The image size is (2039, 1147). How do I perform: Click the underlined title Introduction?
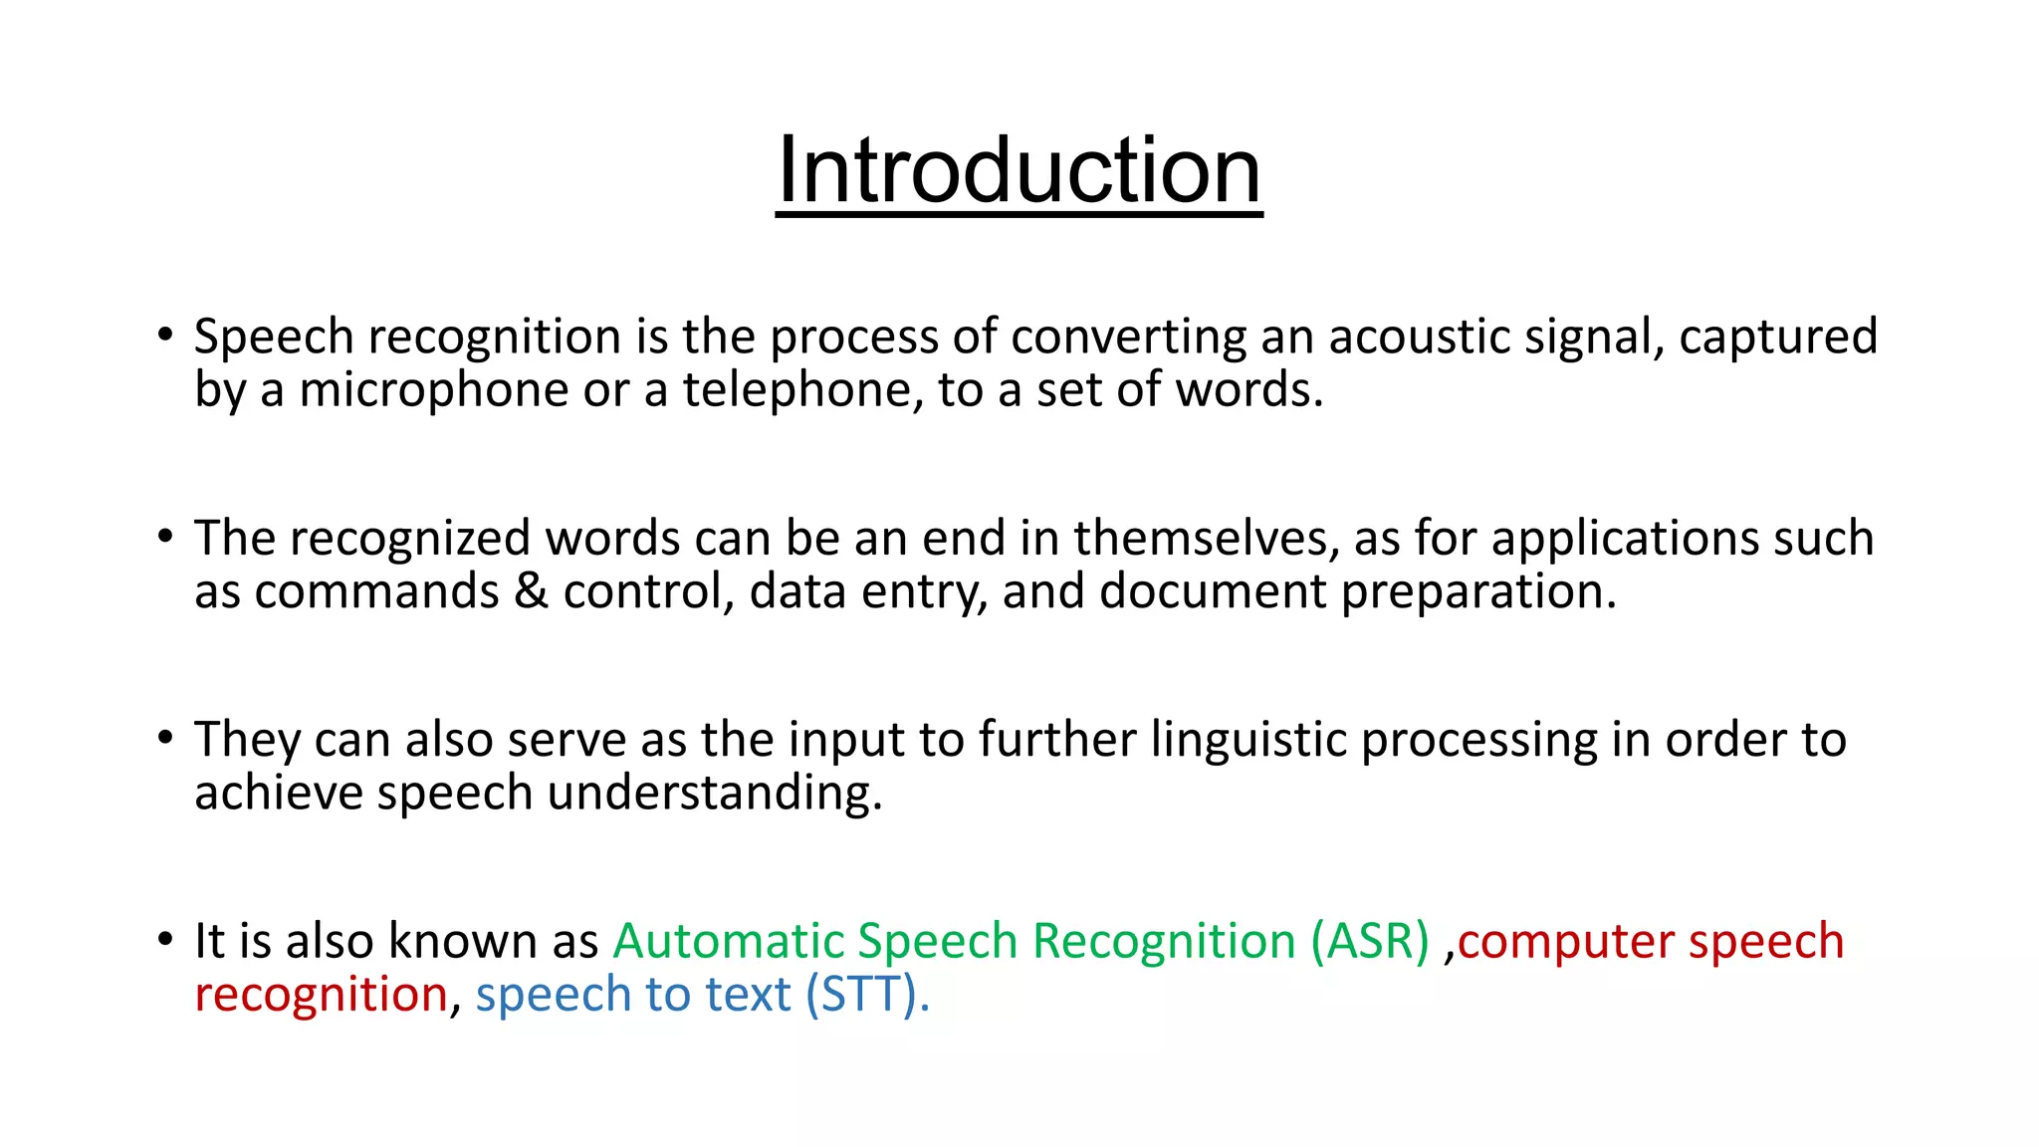click(1019, 171)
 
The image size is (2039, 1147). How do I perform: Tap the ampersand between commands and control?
click(531, 591)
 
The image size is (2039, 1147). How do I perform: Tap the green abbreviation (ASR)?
click(1370, 941)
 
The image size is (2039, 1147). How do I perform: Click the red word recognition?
click(321, 996)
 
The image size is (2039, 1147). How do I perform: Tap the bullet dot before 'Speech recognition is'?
click(165, 336)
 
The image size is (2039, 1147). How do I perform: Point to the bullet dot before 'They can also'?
click(165, 739)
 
